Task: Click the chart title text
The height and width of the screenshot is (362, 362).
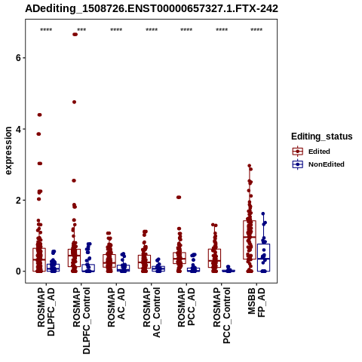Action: click(x=152, y=8)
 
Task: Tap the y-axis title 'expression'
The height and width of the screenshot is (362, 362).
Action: click(x=8, y=151)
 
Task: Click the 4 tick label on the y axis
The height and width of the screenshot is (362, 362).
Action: click(x=18, y=129)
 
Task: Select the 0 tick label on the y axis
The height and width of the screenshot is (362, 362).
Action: click(x=18, y=271)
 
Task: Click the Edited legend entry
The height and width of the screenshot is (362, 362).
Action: click(x=319, y=152)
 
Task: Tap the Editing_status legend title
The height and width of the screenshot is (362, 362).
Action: click(x=322, y=137)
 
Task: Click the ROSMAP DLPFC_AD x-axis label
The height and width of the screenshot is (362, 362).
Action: click(x=46, y=311)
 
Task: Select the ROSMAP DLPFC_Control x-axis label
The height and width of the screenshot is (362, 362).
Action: click(x=81, y=321)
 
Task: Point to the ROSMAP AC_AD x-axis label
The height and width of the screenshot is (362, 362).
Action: click(x=116, y=307)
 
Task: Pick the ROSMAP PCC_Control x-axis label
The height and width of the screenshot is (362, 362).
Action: click(x=222, y=315)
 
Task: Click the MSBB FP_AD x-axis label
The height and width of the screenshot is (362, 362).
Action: click(x=256, y=302)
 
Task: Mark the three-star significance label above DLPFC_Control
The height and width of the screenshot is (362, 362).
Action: click(x=81, y=30)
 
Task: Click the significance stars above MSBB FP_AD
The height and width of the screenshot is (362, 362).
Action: click(x=256, y=30)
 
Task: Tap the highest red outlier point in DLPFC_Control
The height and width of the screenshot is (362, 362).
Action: click(x=75, y=35)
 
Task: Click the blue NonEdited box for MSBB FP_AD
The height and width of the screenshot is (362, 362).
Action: click(x=263, y=257)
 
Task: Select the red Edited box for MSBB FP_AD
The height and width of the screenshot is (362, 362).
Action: click(x=250, y=240)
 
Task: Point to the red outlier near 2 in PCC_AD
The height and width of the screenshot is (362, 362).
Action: click(x=179, y=198)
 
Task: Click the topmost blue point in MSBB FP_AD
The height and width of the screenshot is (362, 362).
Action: click(x=263, y=213)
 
